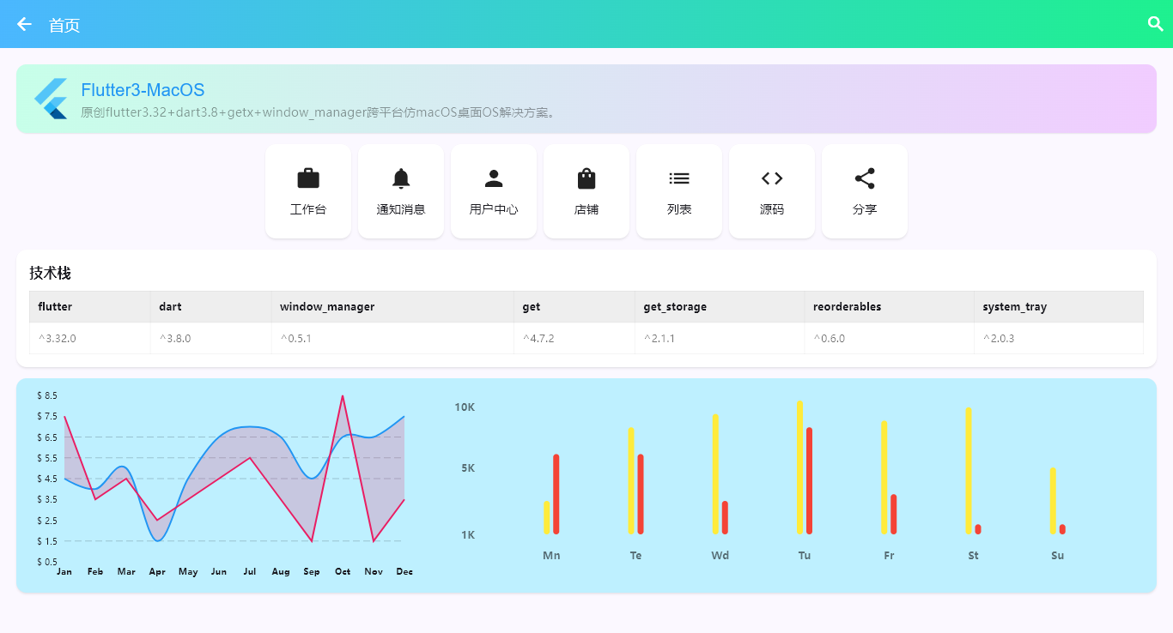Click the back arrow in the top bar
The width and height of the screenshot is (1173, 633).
[x=24, y=24]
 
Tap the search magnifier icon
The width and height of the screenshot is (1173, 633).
[x=1156, y=24]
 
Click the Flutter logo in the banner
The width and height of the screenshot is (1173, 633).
[x=51, y=99]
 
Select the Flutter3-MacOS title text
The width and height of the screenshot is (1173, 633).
[x=143, y=90]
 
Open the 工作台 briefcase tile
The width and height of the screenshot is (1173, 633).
[x=308, y=190]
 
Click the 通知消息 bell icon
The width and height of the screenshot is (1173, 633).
[x=401, y=178]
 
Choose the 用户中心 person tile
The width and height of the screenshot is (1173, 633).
[x=494, y=190]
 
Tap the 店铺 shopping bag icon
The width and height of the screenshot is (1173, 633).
[x=586, y=178]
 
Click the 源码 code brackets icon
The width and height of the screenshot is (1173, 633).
[x=772, y=178]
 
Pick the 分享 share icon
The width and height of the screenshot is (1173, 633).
[x=865, y=178]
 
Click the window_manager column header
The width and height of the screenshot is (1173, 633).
[x=327, y=306]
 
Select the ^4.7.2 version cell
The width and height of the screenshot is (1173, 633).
[x=538, y=338]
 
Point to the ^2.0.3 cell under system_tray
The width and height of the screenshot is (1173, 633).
[x=999, y=338]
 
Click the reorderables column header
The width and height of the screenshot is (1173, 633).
[x=847, y=306]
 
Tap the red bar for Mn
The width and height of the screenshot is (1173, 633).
[x=556, y=494]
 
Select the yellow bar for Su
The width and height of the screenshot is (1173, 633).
[x=1053, y=501]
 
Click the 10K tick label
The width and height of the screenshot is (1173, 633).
[x=465, y=407]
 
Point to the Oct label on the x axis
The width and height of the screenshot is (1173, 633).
[x=343, y=571]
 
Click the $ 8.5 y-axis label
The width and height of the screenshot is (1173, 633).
[x=47, y=395]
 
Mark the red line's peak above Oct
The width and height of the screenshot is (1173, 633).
[x=343, y=396]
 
